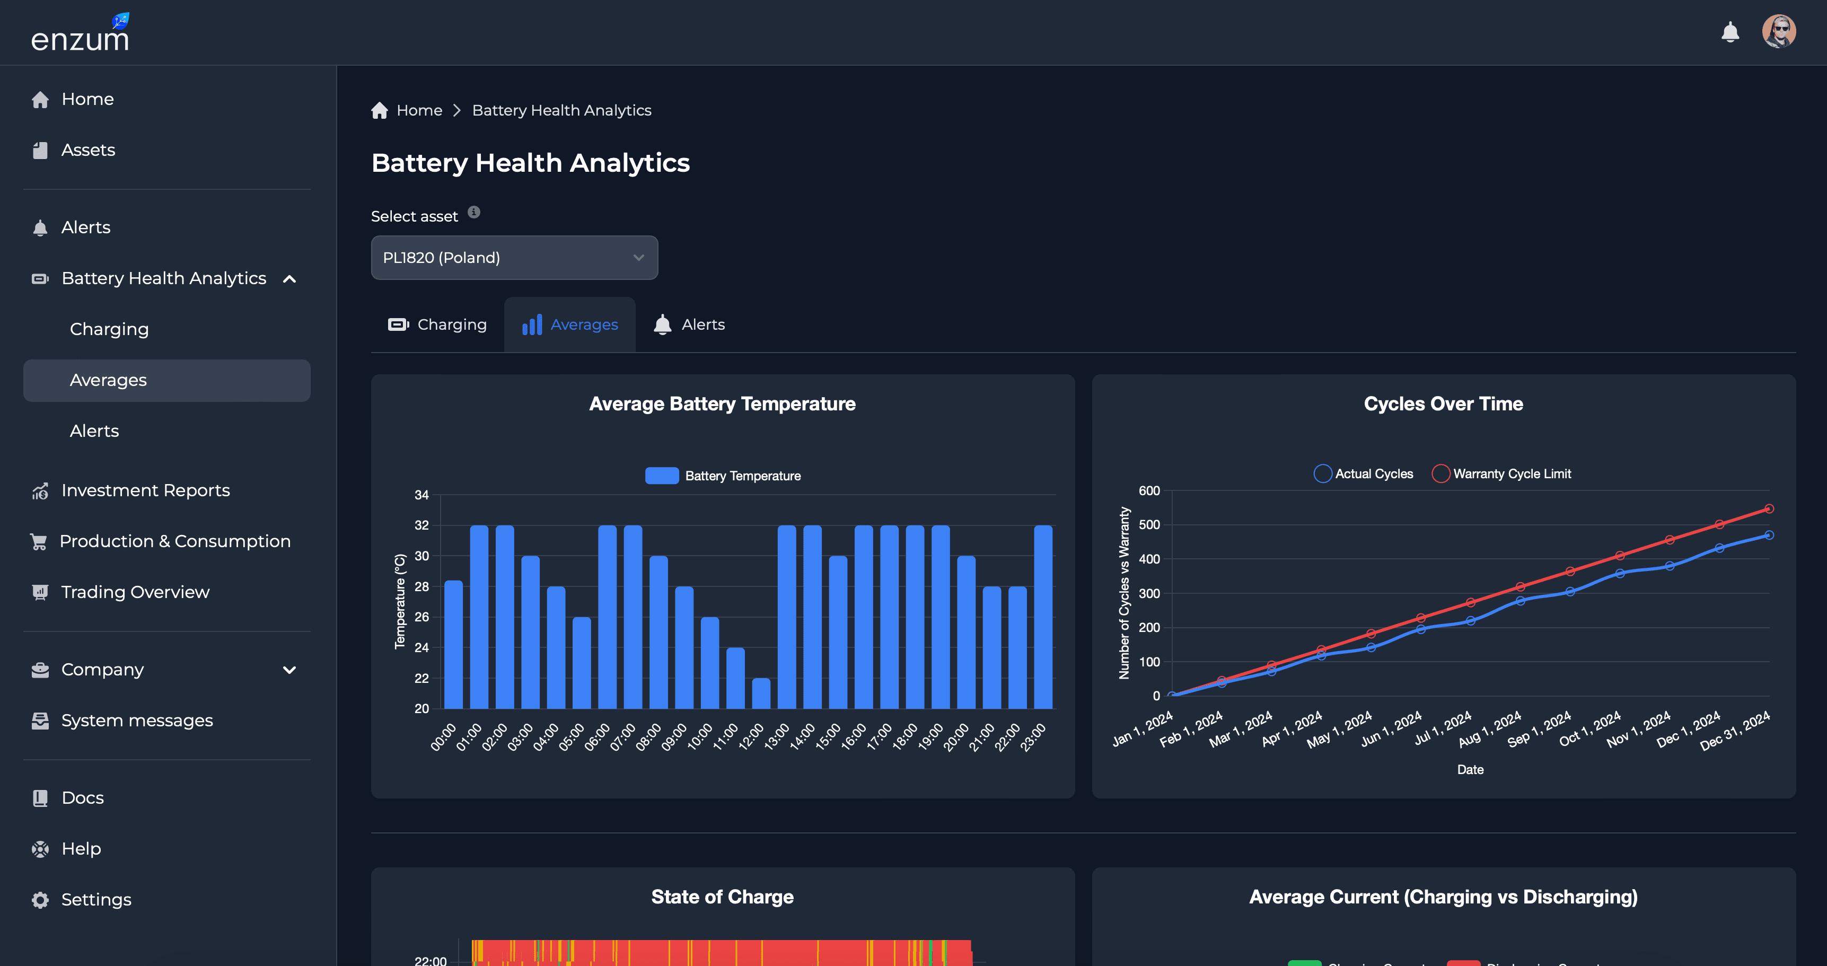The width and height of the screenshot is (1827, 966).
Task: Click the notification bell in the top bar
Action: pos(1730,32)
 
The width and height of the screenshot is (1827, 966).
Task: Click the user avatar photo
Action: pos(1778,32)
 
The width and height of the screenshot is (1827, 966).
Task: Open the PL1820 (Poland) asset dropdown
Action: pos(514,258)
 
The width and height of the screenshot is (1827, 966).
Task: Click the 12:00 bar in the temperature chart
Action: pos(761,693)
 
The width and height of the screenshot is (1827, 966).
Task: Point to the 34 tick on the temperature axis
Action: pos(422,495)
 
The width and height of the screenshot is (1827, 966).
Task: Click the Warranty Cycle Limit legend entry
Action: pos(1502,474)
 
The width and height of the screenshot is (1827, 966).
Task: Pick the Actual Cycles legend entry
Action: pos(1364,474)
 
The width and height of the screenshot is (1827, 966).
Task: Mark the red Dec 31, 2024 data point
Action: pos(1769,508)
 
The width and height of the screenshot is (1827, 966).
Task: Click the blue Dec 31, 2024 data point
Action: pos(1769,535)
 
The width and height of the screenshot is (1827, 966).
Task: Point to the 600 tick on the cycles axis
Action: pos(1149,491)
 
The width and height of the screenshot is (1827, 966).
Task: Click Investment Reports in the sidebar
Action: pos(145,490)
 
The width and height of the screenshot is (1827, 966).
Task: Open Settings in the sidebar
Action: pos(96,899)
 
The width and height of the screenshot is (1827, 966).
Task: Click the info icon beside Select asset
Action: pos(474,212)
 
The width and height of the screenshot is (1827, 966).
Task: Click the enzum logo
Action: pos(80,36)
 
